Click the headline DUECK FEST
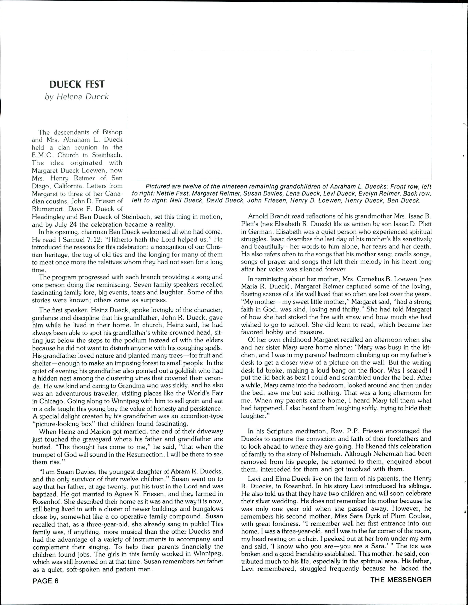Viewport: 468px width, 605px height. [x=77, y=84]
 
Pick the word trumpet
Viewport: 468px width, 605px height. [x=45, y=454]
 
